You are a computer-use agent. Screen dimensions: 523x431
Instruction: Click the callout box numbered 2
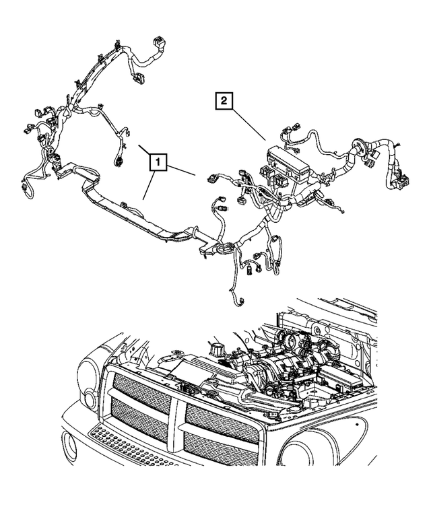tap(224, 102)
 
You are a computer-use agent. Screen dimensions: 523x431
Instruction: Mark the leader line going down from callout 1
tap(150, 185)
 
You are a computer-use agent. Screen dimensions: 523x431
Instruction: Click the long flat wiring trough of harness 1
tap(135, 209)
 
